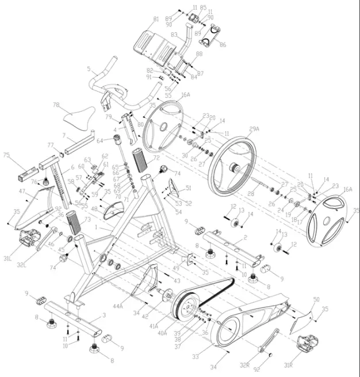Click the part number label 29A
tap(254, 130)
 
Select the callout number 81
tap(155, 20)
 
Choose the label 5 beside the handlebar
tap(89, 69)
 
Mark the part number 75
tap(7, 155)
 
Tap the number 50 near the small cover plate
tap(316, 300)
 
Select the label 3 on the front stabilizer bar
tap(104, 315)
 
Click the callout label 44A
tap(118, 307)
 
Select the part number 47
tap(21, 191)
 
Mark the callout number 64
tap(99, 140)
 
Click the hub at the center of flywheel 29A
tap(234, 169)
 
